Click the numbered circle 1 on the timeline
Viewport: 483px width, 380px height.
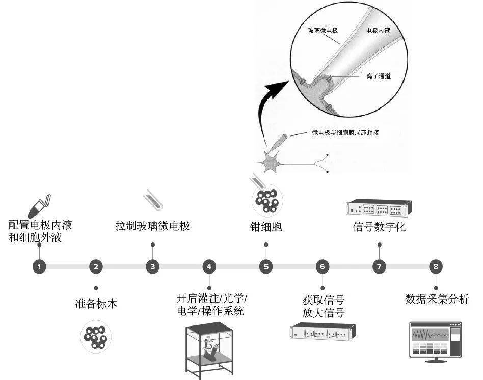click(x=39, y=266)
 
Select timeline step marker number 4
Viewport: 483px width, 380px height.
click(x=209, y=266)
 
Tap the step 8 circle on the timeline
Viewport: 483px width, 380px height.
click(x=435, y=266)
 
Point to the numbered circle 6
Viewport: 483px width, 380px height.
click(x=322, y=266)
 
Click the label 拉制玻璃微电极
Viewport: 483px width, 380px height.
click(x=153, y=226)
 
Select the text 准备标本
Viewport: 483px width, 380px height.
click(x=96, y=305)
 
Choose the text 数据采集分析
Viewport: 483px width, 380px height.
click(x=437, y=299)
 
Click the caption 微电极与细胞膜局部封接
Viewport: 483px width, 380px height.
click(x=345, y=132)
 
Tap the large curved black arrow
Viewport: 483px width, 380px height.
click(x=270, y=110)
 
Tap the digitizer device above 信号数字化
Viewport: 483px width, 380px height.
click(x=379, y=208)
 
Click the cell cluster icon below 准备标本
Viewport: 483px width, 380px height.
click(x=95, y=336)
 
